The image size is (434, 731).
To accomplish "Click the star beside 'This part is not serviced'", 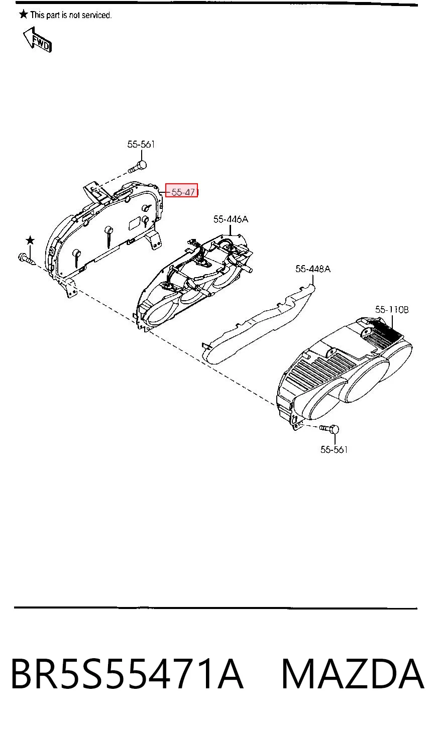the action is pos(23,14).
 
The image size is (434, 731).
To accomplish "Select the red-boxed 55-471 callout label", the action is pos(181,191).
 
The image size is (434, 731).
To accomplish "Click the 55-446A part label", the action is pos(231,219).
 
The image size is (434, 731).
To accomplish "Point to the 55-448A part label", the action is pos(313,269).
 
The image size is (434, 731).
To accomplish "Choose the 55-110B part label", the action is pos(392,309).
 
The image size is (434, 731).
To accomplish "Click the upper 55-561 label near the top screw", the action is pos(141,144).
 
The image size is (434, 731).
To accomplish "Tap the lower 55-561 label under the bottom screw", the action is pos(334,450).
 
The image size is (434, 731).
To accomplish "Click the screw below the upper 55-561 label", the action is pos(138,167).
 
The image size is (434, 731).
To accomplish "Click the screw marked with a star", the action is pos(27,259).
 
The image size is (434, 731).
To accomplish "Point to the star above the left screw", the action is pos(30,240).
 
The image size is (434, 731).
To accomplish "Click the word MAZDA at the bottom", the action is pos(353,674).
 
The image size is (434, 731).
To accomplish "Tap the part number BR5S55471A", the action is pos(128,674).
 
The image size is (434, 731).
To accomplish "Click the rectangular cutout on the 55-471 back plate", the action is pos(135,224).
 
